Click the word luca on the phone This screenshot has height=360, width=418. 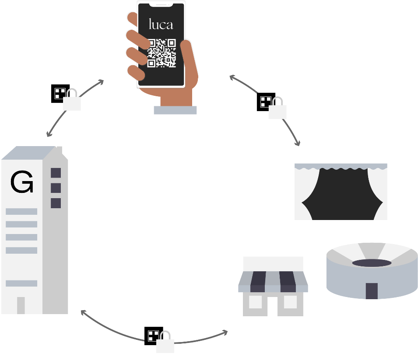pyautogui.click(x=161, y=24)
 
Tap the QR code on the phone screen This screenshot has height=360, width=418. pyautogui.click(x=162, y=53)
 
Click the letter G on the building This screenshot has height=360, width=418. pyautogui.click(x=22, y=182)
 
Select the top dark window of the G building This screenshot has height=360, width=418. pyautogui.click(x=56, y=173)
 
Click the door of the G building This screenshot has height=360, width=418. pyautogui.click(x=21, y=305)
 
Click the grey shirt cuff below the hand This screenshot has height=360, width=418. pyautogui.click(x=175, y=110)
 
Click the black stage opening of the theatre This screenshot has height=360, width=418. pyautogui.click(x=342, y=195)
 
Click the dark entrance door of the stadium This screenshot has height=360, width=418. pyautogui.click(x=372, y=291)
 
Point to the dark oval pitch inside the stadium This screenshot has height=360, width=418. pyautogui.click(x=372, y=263)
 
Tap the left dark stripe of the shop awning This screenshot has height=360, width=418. pyautogui.click(x=258, y=282)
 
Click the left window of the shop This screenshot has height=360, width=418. pyautogui.click(x=255, y=302)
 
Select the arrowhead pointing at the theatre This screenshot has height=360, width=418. pyautogui.click(x=298, y=143)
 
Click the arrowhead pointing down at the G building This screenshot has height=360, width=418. pyautogui.click(x=49, y=134)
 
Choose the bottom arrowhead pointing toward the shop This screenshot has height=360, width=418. pyautogui.click(x=225, y=333)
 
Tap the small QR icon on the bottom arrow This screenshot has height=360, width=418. pyautogui.click(x=153, y=336)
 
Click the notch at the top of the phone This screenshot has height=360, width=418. pyautogui.click(x=161, y=5)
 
